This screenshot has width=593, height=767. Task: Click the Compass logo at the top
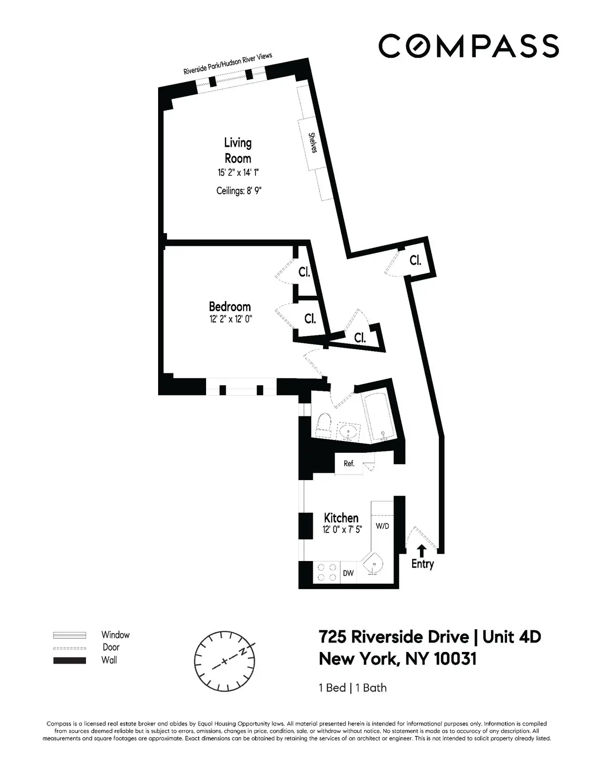click(x=468, y=45)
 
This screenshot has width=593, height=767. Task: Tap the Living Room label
click(x=238, y=151)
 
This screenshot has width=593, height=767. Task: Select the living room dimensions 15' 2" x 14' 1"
click(x=238, y=173)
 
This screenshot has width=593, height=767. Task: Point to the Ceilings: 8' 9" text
click(x=238, y=191)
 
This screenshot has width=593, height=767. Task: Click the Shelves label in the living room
click(x=312, y=143)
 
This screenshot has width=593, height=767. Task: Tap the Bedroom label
click(x=229, y=307)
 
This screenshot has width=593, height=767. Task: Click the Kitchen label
click(x=341, y=518)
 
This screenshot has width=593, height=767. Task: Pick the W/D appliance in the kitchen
click(x=382, y=526)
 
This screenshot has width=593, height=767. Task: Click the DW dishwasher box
click(x=348, y=573)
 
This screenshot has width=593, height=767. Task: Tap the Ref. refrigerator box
click(x=349, y=464)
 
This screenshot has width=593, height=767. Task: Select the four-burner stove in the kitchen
click(x=327, y=572)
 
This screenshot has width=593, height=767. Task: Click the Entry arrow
click(x=422, y=551)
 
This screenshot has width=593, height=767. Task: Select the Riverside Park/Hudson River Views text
click(x=228, y=64)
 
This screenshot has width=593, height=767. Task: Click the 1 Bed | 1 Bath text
click(x=353, y=687)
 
